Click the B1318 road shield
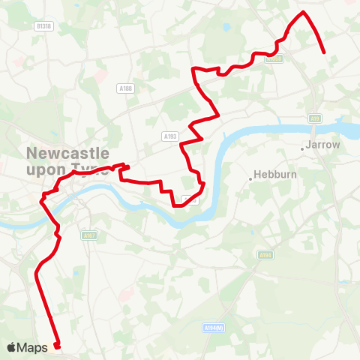click(x=44, y=25)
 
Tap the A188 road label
click(x=125, y=88)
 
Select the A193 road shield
click(x=169, y=136)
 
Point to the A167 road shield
click(x=89, y=235)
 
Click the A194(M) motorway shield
click(x=214, y=328)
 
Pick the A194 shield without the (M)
click(x=264, y=255)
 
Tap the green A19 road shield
click(x=315, y=118)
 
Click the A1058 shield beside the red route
click(x=274, y=58)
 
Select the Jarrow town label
click(x=323, y=144)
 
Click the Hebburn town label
click(x=271, y=175)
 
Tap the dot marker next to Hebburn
click(x=250, y=178)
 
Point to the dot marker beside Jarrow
click(x=302, y=148)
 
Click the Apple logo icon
click(x=12, y=347)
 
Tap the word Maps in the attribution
click(x=33, y=347)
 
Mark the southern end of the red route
click(x=57, y=346)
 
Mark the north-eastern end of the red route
click(x=323, y=52)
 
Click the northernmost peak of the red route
click(x=302, y=13)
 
